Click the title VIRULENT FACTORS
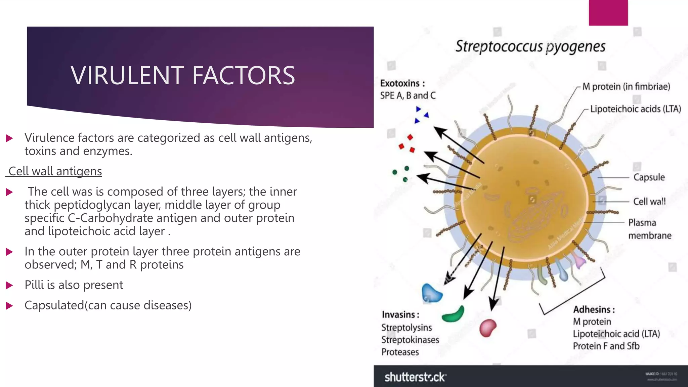pos(183,75)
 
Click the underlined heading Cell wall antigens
pos(55,171)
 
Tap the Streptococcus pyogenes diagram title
pos(530,46)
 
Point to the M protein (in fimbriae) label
pos(626,87)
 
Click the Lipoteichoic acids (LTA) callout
pos(635,109)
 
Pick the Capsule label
pos(649,177)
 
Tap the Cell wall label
pos(649,202)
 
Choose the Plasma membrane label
pos(649,229)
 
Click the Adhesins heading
pos(594,309)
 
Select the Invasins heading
pos(400,315)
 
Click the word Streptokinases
pos(410,340)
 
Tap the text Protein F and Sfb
pos(606,346)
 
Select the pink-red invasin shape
pos(487,328)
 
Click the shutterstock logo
pos(415,377)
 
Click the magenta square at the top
pos(608,13)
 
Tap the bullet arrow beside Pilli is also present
pos(9,286)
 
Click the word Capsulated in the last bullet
pos(54,305)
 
